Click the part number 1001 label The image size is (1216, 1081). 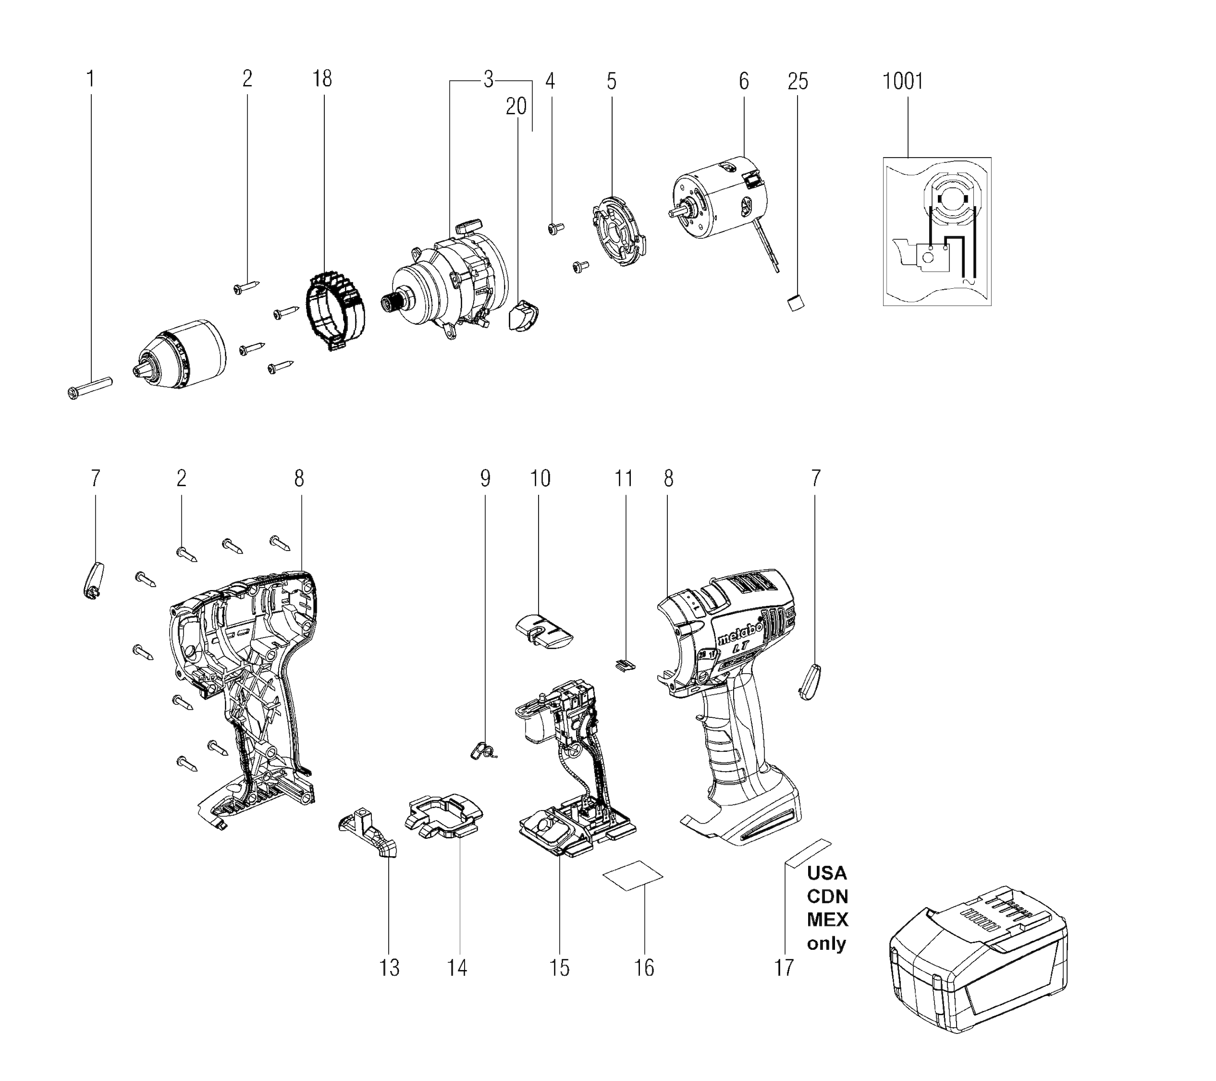pos(902,82)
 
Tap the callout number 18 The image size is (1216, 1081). pos(322,79)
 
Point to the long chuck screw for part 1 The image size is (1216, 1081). pos(90,388)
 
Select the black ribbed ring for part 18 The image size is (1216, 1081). pos(335,310)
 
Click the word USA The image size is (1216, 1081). pos(826,873)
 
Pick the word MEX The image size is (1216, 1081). pos(827,919)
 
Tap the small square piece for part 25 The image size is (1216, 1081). pos(796,303)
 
